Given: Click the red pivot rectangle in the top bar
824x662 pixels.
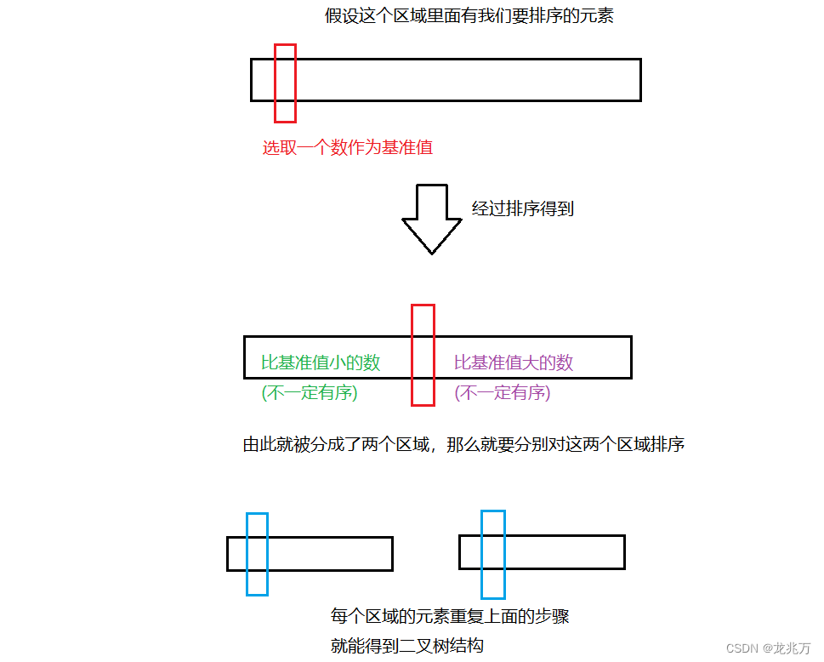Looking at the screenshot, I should (x=285, y=83).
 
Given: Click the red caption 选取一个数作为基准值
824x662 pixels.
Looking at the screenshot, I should (x=347, y=147).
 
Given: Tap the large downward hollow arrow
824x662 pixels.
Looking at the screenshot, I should (x=431, y=218).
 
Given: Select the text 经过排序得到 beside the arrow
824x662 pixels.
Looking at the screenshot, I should (x=523, y=208).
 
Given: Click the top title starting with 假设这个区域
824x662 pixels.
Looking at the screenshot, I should (x=469, y=16).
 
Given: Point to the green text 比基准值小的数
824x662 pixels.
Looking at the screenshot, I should (x=321, y=362).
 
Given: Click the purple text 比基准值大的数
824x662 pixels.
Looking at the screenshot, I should (x=514, y=362).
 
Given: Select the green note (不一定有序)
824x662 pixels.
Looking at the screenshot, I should (x=310, y=393).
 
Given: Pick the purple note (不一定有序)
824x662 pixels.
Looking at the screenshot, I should (x=503, y=393).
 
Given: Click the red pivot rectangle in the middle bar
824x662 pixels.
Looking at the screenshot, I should (x=423, y=354).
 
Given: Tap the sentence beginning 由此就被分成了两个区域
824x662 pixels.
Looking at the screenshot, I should (x=464, y=444).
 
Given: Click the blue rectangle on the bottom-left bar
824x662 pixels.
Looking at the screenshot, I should (x=257, y=553).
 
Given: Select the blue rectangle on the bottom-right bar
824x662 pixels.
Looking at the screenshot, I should (x=492, y=554).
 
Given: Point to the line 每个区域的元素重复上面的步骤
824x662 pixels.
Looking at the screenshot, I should (x=450, y=616).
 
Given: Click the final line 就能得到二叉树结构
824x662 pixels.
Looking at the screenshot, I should (x=407, y=646).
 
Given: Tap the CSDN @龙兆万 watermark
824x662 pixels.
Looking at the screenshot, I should (x=769, y=648).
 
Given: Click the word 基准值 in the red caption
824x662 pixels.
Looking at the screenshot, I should (x=407, y=147).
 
